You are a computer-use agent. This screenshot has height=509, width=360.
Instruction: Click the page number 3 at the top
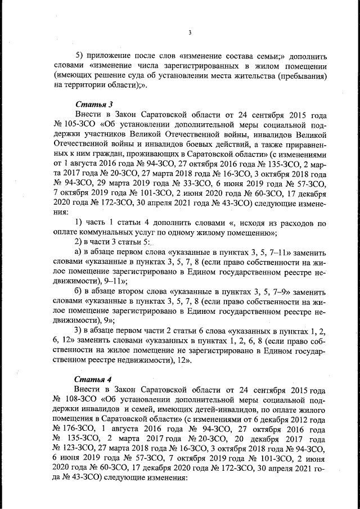tap(190, 32)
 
